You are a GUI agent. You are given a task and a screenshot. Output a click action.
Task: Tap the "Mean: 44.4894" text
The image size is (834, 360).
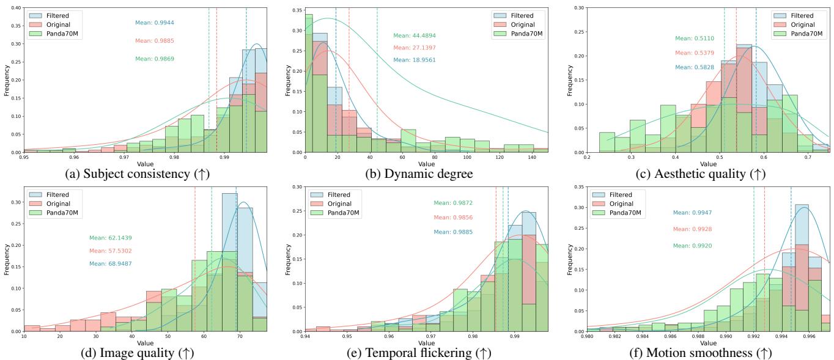point(415,35)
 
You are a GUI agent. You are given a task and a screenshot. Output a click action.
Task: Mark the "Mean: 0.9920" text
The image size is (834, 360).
point(693,246)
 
